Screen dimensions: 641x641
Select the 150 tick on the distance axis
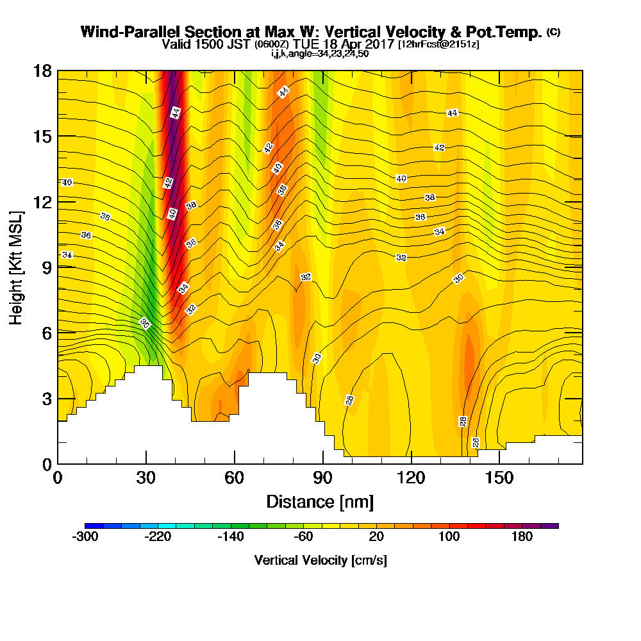click(x=499, y=478)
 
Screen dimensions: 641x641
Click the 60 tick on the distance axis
click(x=235, y=478)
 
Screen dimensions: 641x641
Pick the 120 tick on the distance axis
click(x=411, y=478)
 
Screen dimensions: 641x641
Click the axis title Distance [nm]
click(x=320, y=501)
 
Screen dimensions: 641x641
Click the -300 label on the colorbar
click(x=85, y=537)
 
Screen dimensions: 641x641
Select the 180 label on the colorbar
click(x=522, y=537)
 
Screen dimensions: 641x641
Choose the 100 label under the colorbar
click(x=449, y=537)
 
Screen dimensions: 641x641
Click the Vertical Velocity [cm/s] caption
click(x=320, y=560)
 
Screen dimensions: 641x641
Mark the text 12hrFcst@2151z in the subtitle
click(x=438, y=44)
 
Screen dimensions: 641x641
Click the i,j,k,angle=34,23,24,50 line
click(x=320, y=54)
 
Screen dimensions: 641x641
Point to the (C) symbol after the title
click(x=553, y=32)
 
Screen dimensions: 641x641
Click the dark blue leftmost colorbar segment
click(x=89, y=526)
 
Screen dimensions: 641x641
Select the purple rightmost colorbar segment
click(x=553, y=526)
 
